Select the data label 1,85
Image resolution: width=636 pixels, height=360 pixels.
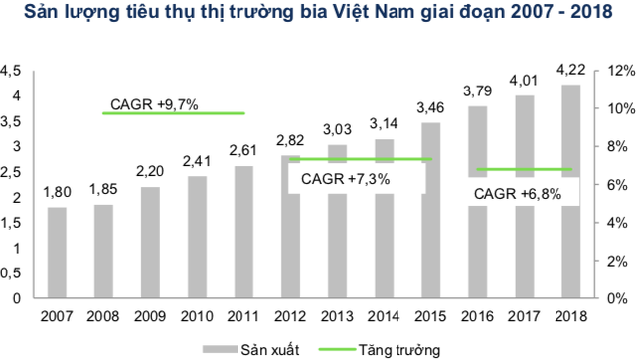click(x=102, y=189)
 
